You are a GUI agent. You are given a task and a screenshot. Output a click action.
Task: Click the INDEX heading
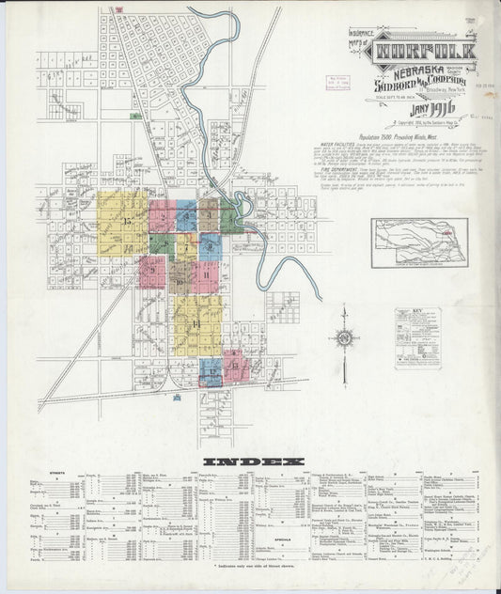(x=253, y=461)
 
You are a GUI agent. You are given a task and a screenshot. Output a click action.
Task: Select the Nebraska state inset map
(x=418, y=242)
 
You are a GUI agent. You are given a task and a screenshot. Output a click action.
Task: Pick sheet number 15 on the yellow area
(x=126, y=221)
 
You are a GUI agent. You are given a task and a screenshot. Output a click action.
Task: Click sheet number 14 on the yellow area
(x=196, y=324)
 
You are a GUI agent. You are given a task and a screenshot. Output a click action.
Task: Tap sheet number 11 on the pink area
(x=206, y=274)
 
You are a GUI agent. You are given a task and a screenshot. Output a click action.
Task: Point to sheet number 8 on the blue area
(x=211, y=247)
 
